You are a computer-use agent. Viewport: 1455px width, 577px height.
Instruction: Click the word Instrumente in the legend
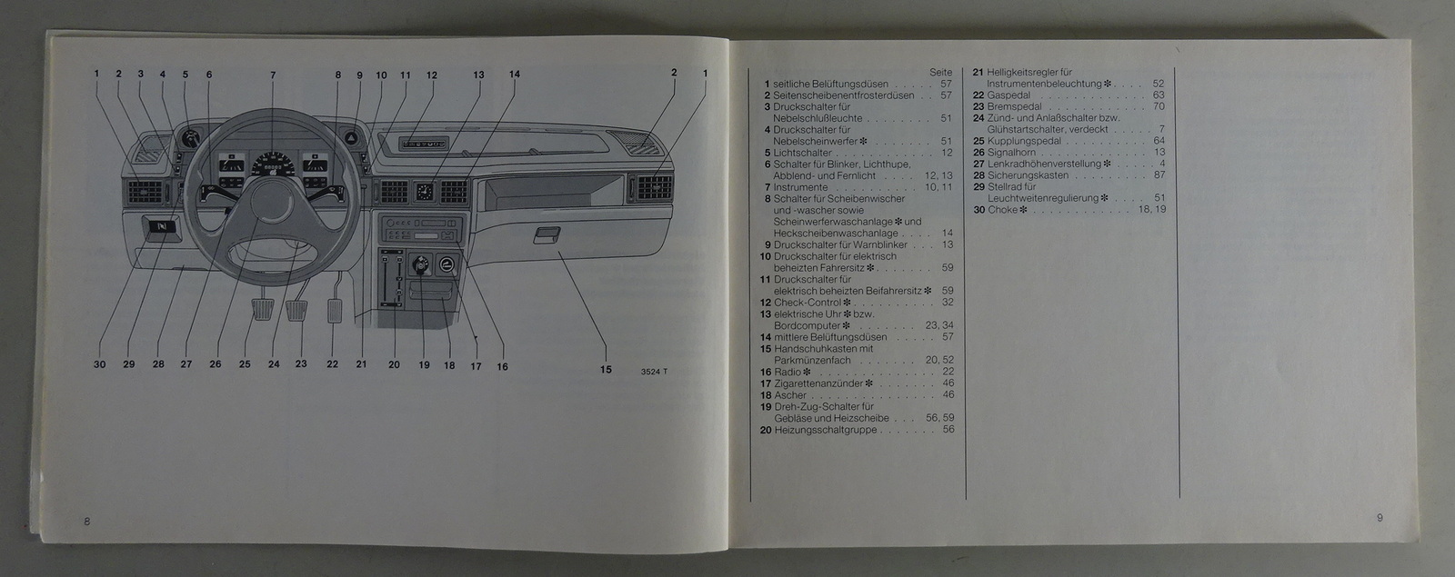(x=800, y=187)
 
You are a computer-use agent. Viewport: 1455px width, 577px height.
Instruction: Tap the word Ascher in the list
(x=790, y=395)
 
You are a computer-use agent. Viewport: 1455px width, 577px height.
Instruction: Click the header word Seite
(x=940, y=72)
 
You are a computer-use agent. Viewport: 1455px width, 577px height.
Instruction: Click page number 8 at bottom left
(x=86, y=521)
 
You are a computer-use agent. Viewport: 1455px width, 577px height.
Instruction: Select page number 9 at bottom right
(x=1379, y=518)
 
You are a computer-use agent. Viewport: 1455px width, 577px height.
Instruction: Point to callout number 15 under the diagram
(x=606, y=370)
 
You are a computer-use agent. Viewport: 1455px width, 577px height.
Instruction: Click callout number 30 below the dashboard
(x=99, y=364)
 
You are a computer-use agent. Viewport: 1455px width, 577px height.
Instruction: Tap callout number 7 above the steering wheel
(x=272, y=75)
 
